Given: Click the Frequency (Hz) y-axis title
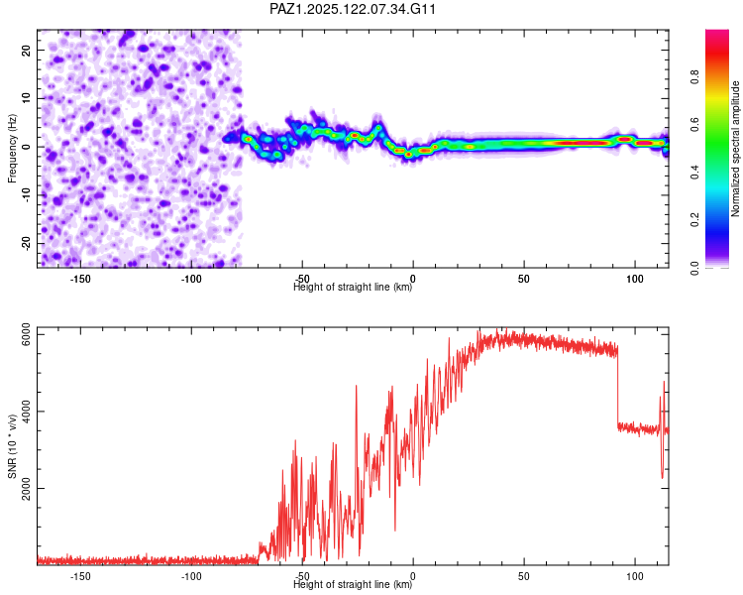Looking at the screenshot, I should [x=12, y=148].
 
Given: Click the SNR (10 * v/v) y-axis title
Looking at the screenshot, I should [x=12, y=445].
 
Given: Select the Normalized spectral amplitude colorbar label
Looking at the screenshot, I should [x=736, y=149].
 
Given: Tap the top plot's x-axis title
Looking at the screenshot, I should [x=354, y=288].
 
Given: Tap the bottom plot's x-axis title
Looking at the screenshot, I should [x=354, y=585].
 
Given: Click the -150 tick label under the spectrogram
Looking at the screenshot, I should [x=80, y=279].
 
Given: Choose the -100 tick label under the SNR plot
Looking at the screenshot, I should [x=191, y=576].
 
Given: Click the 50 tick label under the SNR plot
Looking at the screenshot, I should [x=524, y=576].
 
